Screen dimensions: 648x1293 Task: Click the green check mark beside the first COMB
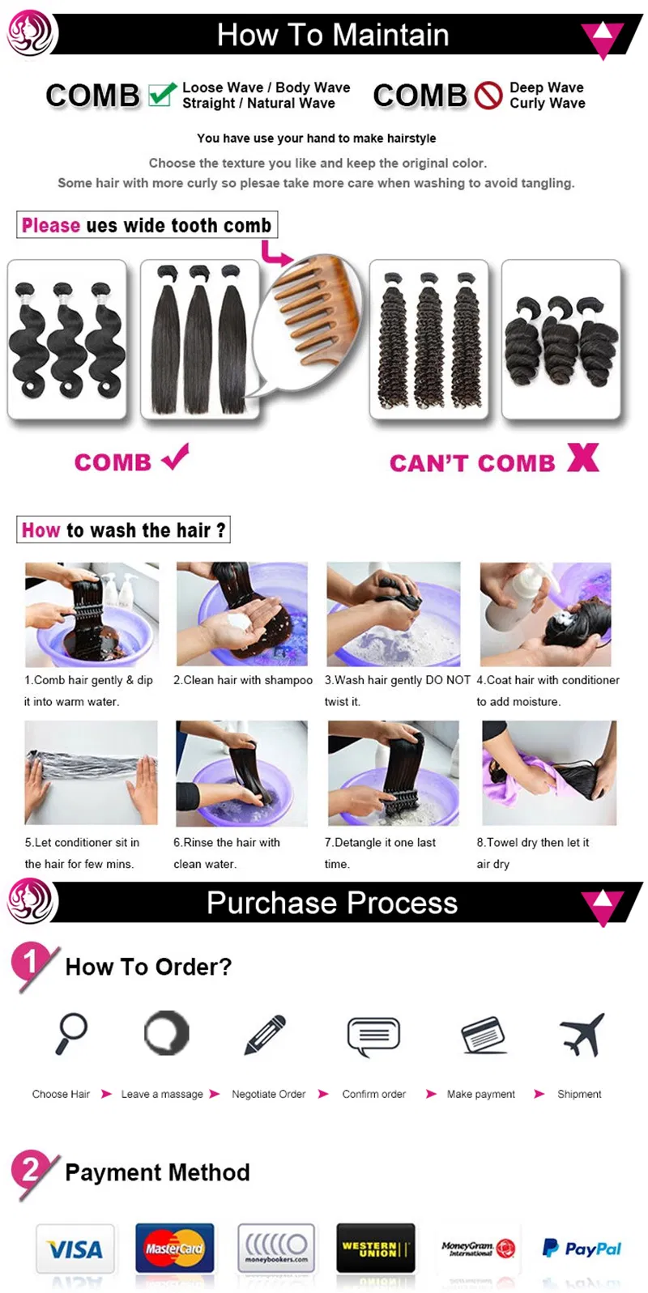click(x=162, y=94)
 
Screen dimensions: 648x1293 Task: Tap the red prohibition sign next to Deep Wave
click(x=488, y=96)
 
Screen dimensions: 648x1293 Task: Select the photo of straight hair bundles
click(x=200, y=338)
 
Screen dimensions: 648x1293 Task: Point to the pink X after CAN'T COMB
click(x=582, y=457)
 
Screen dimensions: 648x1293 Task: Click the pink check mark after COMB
click(x=175, y=456)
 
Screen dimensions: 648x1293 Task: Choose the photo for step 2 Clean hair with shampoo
click(x=242, y=615)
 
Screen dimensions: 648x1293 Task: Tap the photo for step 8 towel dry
click(x=549, y=772)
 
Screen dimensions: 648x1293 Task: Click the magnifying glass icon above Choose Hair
click(x=71, y=1034)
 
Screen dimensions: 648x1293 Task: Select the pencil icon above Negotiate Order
click(x=265, y=1035)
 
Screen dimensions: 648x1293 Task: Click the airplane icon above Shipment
click(x=582, y=1034)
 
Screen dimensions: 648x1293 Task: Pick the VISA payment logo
click(x=75, y=1249)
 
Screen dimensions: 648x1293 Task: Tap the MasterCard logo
click(x=174, y=1248)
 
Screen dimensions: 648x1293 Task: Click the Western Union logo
click(x=375, y=1248)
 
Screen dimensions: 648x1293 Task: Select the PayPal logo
click(x=582, y=1248)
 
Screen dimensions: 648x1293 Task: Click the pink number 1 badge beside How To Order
click(x=30, y=963)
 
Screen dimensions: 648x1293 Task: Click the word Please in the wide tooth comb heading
click(x=51, y=225)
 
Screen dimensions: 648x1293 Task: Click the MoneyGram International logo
click(x=478, y=1248)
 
